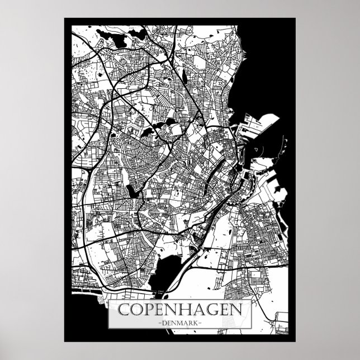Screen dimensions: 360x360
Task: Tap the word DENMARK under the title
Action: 179,323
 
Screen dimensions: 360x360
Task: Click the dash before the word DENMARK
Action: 160,323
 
